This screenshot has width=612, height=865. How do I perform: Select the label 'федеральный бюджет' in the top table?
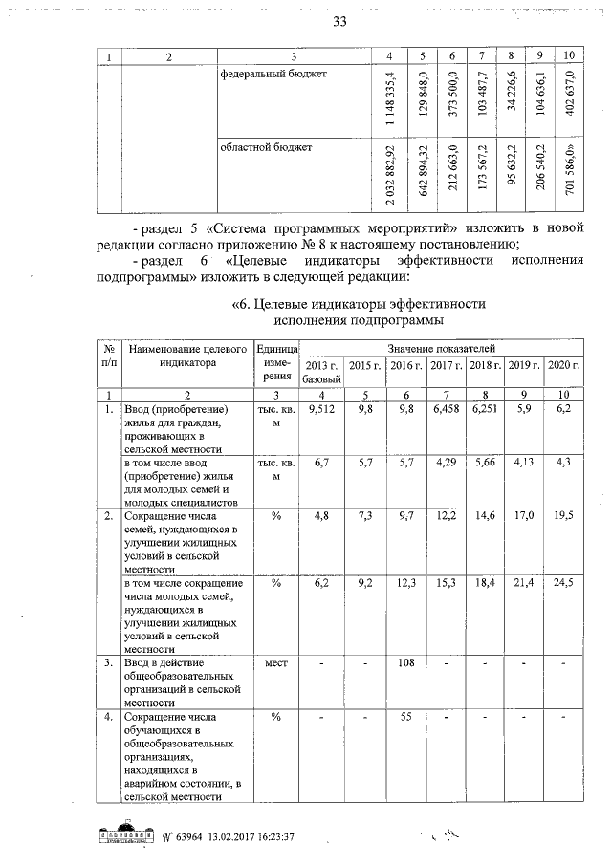coord(267,75)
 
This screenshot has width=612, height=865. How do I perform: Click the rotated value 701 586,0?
coord(569,169)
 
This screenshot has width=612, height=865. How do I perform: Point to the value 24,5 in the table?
coord(563,583)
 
